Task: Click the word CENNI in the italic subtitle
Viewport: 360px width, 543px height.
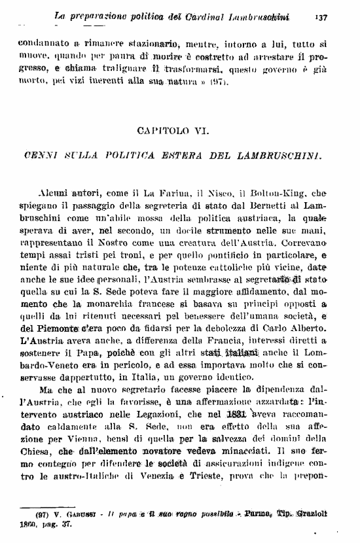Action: click(x=60, y=154)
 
